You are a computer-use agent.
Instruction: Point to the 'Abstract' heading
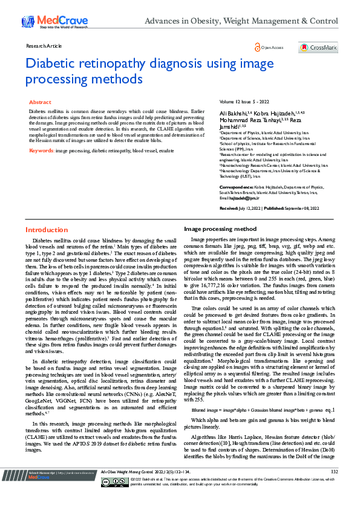tap(40, 103)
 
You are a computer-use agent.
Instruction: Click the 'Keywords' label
tap(41, 150)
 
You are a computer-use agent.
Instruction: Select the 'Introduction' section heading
tap(47, 230)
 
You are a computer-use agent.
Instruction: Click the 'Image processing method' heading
tap(220, 230)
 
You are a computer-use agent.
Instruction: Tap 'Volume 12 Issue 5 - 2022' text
tap(244, 103)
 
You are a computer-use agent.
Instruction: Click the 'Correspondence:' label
tap(236, 188)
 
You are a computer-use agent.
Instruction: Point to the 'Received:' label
tap(229, 207)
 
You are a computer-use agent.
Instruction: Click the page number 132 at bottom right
tap(334, 488)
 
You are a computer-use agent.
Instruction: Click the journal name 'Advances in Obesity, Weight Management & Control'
tap(241, 22)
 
